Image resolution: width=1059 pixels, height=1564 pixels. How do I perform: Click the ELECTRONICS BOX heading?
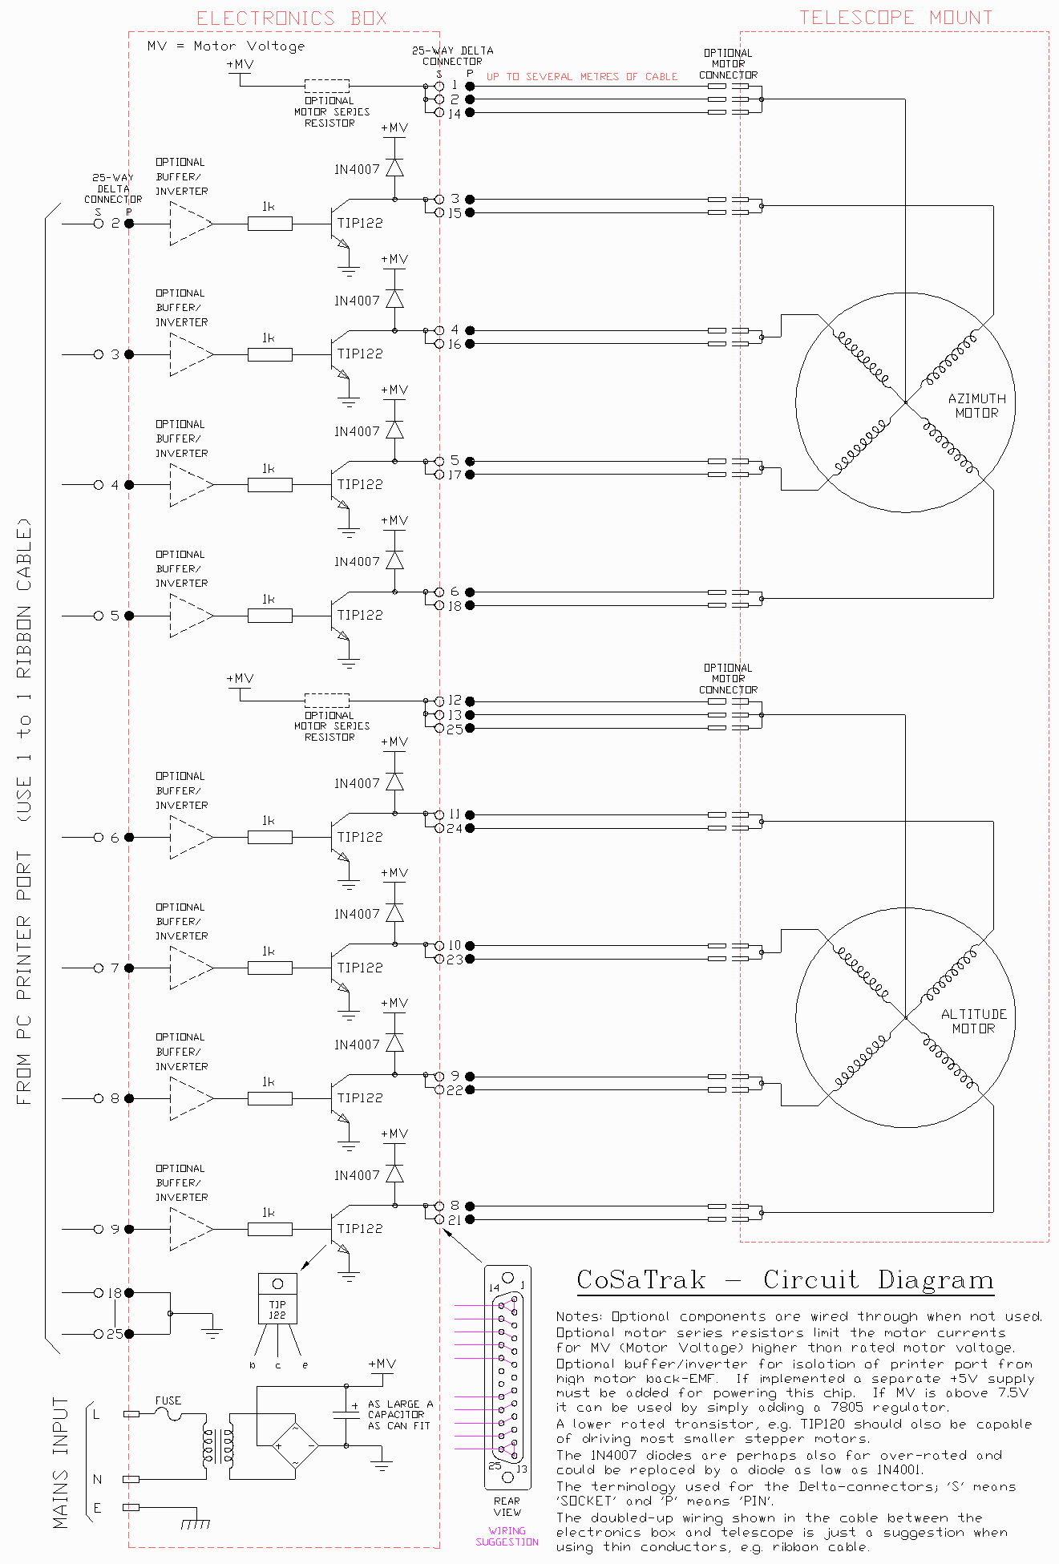292,18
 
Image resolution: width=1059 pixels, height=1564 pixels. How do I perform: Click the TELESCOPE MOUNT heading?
895,18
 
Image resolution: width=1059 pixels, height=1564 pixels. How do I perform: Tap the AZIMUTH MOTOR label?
976,406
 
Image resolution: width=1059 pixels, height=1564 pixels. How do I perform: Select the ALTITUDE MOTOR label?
973,1021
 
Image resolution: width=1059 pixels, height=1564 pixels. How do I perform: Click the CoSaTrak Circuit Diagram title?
786,1280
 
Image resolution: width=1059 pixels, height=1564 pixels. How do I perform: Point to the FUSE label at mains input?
168,1400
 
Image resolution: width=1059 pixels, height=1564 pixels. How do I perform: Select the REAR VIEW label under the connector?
507,1506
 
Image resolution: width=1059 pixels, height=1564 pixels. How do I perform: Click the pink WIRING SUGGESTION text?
507,1536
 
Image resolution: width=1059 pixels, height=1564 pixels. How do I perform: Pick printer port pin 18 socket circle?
99,1293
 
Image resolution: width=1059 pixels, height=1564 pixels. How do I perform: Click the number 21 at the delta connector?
455,1220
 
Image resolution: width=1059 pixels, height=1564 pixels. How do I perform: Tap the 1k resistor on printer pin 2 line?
269,224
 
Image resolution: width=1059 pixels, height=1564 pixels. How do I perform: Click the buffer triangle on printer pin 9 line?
192,1229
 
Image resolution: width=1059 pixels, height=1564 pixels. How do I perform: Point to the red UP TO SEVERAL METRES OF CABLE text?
582,77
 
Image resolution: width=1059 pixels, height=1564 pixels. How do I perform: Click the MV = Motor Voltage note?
226,46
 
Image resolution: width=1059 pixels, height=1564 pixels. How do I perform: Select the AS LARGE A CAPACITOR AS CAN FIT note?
399,1415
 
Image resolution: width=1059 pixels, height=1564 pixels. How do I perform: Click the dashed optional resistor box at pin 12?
327,701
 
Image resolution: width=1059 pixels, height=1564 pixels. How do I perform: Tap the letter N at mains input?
98,1479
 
